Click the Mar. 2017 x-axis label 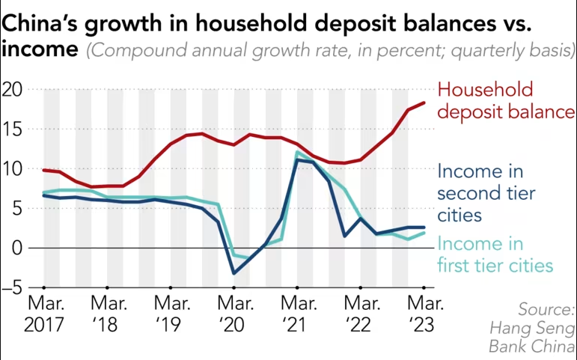tap(45, 315)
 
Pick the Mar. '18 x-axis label tap(108, 315)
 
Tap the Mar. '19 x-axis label tap(171, 315)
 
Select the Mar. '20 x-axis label tap(234, 315)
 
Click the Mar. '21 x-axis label tap(298, 315)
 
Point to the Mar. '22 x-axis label tap(361, 315)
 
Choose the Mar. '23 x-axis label tap(424, 315)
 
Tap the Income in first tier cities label tap(494, 254)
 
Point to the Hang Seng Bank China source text tap(531, 328)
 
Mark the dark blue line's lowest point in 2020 tap(234, 273)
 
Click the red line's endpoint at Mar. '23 tap(424, 103)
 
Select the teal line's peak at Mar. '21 tap(298, 153)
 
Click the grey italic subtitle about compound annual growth tap(329, 52)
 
